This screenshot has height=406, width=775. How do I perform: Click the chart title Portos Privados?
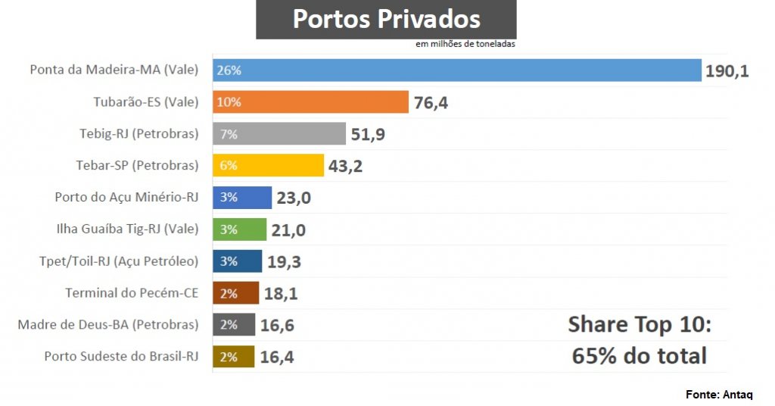click(387, 19)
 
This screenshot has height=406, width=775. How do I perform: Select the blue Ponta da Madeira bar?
click(457, 70)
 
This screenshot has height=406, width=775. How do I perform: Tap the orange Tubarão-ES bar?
click(311, 101)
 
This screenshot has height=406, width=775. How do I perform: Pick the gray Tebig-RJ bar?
click(279, 133)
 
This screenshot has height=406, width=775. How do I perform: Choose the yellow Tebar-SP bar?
click(269, 165)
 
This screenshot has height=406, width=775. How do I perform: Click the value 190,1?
click(727, 71)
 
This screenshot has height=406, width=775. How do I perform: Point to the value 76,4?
click(431, 103)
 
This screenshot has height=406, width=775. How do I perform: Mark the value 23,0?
click(294, 198)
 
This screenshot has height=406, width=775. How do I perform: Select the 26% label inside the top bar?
click(229, 70)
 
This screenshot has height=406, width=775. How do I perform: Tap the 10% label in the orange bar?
click(229, 101)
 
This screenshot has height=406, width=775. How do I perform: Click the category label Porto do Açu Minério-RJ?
click(126, 197)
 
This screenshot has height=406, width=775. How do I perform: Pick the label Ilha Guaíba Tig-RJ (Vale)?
click(127, 229)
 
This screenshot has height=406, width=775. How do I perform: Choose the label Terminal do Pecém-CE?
click(132, 292)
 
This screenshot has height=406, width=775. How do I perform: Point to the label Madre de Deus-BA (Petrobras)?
click(108, 324)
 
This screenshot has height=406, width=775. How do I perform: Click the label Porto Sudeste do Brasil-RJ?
click(122, 356)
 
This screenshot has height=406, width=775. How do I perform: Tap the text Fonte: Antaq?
click(719, 395)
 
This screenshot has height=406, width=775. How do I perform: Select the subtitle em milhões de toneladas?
click(465, 44)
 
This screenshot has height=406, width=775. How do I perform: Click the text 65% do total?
click(640, 356)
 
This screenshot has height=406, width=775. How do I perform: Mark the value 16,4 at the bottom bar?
click(277, 357)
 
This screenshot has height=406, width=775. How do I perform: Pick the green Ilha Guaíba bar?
click(240, 230)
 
